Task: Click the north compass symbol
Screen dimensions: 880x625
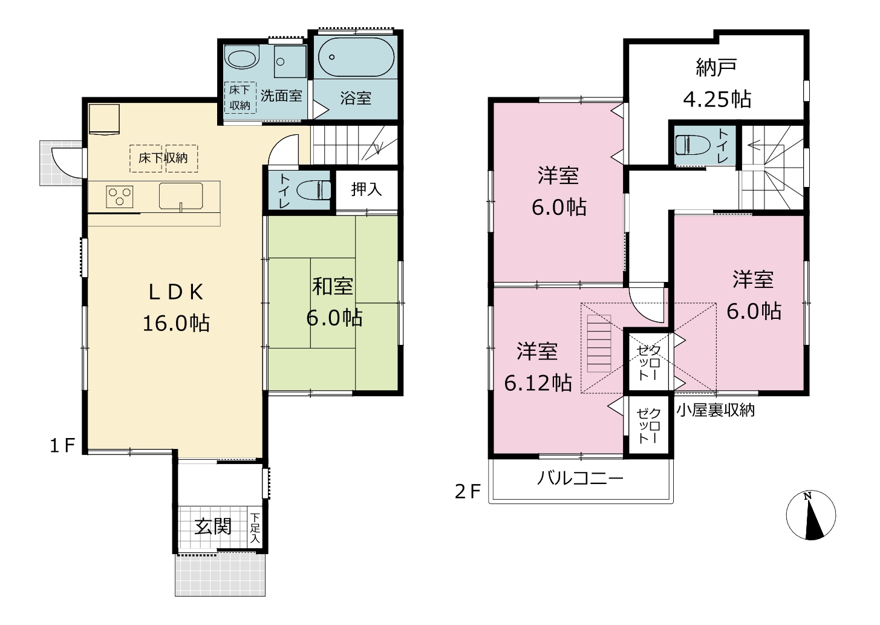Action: coord(811,515)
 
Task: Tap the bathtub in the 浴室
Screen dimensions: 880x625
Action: coord(356,57)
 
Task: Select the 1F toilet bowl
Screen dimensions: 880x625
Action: coord(313,190)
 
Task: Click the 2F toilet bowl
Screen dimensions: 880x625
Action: coord(693,145)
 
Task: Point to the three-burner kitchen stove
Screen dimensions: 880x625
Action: coord(119,197)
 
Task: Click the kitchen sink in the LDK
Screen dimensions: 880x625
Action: coord(181,196)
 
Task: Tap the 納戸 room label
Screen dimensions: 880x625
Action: coord(716,68)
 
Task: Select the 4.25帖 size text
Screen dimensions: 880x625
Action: coord(717,99)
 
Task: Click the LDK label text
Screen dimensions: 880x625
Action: coord(176,292)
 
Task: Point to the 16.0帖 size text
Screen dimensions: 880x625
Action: coord(176,324)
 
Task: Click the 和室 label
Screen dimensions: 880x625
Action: coord(333,286)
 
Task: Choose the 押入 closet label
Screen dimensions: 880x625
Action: coord(366,189)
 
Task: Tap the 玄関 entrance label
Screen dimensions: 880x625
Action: coord(213,527)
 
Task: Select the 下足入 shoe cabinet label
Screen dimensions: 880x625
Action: coord(255,528)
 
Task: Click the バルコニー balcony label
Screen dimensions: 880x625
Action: coord(580,479)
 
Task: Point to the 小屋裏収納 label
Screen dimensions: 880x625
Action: coord(715,410)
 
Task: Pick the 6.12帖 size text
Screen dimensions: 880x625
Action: coord(538,383)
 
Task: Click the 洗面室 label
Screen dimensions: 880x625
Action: coord(281,96)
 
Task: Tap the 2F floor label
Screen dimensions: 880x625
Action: coord(468,491)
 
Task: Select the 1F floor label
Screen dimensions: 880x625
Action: coord(62,445)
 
